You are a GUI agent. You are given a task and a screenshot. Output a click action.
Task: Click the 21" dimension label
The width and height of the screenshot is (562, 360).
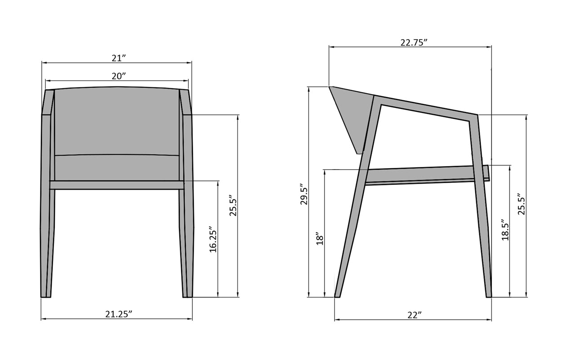118,58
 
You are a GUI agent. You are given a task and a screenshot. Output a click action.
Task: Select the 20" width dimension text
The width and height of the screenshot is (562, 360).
119,76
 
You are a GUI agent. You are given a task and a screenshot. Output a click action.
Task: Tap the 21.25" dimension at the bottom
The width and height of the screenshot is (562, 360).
119,314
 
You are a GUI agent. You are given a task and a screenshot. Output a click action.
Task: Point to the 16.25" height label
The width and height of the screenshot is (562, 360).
213,240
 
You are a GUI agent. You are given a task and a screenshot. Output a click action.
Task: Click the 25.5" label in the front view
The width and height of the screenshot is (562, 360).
233,205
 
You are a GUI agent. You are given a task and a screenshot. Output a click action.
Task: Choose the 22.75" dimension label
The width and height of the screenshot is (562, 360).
414,43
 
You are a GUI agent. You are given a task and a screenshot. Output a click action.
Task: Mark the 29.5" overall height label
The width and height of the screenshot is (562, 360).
304,194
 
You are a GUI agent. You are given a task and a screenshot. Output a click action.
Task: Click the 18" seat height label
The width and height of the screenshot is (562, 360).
320,238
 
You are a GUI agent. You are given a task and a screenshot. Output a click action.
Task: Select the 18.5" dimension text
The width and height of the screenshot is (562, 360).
505,230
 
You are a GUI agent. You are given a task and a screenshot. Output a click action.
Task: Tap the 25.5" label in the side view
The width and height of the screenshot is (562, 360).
522,204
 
